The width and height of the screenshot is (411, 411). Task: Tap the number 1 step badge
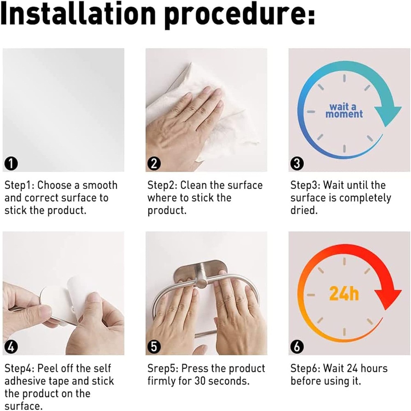click(x=11, y=164)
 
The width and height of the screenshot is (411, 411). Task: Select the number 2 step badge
click(x=154, y=164)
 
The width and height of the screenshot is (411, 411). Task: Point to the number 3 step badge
click(x=297, y=164)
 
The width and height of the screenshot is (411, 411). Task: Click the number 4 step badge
click(x=11, y=347)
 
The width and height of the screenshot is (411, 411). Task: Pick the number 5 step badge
click(x=154, y=347)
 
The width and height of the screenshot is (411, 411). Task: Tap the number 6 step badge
click(x=297, y=347)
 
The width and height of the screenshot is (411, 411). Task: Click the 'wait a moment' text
click(x=344, y=111)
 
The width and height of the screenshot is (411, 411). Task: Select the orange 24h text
click(x=344, y=293)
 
